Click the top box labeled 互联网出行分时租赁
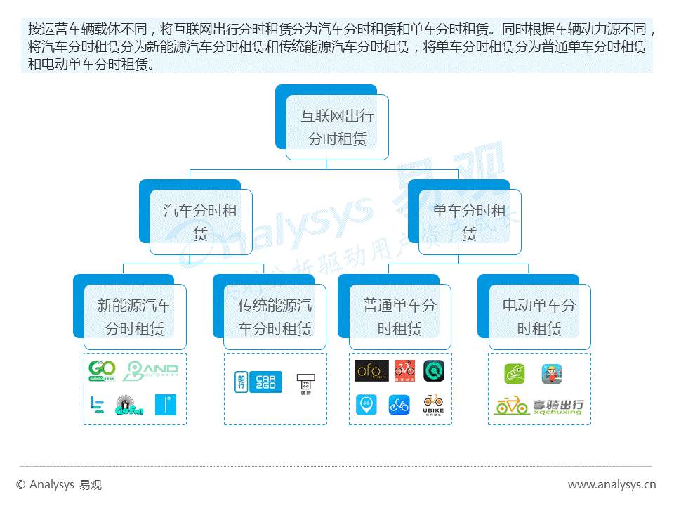[x=337, y=127]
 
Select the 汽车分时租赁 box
[x=200, y=221]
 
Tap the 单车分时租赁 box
[x=469, y=221]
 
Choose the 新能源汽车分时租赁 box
[x=134, y=316]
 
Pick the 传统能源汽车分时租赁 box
[x=275, y=316]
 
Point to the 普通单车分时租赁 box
[x=399, y=316]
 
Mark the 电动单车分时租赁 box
[x=539, y=316]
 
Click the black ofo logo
[x=371, y=370]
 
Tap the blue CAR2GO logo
[x=265, y=381]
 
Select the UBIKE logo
[x=433, y=404]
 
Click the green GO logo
[x=102, y=370]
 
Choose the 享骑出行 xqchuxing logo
[x=538, y=406]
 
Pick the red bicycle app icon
[x=404, y=370]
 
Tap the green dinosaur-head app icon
[x=515, y=373]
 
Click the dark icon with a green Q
[x=433, y=370]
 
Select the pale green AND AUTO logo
[x=150, y=371]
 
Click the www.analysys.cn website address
[x=612, y=484]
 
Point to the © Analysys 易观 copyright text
[x=59, y=484]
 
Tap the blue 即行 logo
[x=241, y=381]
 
